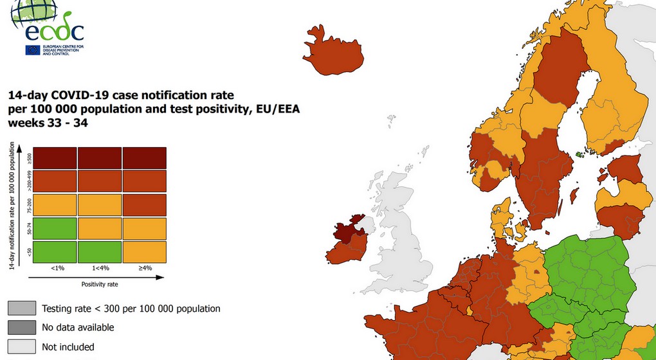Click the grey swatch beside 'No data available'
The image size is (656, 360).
click(21, 327)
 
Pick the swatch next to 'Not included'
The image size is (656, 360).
click(21, 346)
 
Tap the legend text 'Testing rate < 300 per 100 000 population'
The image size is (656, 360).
click(131, 309)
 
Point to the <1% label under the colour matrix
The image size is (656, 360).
click(54, 267)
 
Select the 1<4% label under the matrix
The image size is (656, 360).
click(99, 267)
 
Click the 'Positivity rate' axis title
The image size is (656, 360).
click(99, 283)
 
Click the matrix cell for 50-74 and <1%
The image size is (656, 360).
click(54, 228)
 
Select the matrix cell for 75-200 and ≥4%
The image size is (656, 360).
click(144, 204)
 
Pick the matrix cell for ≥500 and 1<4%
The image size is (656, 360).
click(99, 158)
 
